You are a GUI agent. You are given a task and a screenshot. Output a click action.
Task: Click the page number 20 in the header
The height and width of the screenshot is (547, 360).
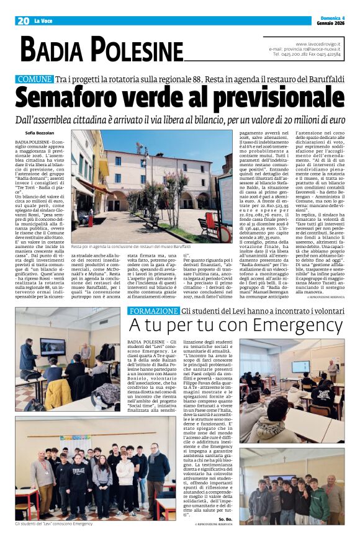22,20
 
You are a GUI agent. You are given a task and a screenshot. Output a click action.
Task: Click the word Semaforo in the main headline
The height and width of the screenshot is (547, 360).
68,98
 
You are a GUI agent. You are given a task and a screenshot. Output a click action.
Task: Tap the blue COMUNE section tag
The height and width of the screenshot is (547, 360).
35,79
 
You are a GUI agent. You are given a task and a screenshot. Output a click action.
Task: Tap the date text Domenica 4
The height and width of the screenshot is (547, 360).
330,19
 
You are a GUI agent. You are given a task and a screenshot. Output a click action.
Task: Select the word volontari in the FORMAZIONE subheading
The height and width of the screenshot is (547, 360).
326,310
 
